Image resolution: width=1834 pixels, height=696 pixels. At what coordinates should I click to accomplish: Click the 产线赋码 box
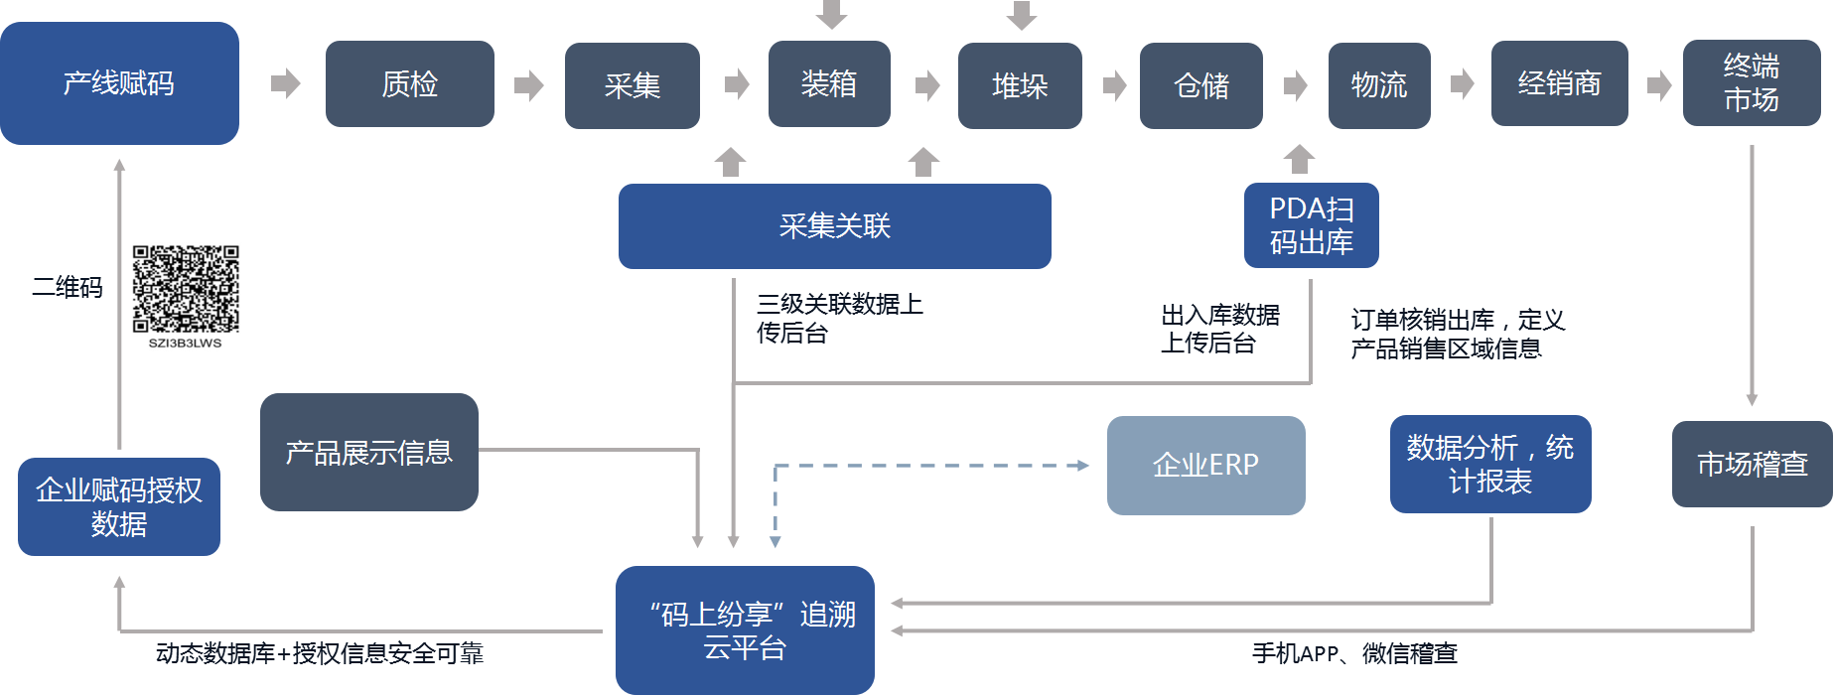tap(119, 83)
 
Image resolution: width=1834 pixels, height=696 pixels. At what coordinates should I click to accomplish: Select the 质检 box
tap(409, 84)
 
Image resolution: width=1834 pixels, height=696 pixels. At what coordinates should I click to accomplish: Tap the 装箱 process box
tap(829, 84)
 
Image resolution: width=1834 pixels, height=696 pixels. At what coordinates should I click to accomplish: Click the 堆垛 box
tap(1020, 85)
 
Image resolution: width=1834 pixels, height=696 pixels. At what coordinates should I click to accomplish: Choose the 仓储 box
tap(1200, 85)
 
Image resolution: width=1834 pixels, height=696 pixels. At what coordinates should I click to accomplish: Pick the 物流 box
tap(1378, 85)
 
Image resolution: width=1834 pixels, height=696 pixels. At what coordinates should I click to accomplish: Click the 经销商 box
tap(1559, 84)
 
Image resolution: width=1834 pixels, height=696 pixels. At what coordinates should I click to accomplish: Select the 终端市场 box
tap(1751, 83)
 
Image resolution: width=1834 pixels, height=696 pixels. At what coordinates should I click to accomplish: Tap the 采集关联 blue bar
tap(834, 226)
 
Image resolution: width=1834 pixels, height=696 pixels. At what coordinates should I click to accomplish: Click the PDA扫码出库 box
tap(1311, 225)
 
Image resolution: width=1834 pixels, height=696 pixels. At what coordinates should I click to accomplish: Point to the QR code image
tap(186, 289)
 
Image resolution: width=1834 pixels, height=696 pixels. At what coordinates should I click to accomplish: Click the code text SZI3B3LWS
tap(186, 344)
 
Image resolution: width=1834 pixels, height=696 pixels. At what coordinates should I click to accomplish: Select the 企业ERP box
tap(1205, 465)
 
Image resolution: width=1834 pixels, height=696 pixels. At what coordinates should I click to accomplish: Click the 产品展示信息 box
tap(368, 453)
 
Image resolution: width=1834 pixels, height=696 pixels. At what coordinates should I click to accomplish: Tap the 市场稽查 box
tap(1752, 464)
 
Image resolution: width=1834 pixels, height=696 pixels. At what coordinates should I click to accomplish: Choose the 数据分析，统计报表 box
tap(1489, 464)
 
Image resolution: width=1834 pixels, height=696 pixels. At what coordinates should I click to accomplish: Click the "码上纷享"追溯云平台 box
tap(745, 630)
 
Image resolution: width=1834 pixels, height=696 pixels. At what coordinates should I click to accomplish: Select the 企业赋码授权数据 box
tap(119, 506)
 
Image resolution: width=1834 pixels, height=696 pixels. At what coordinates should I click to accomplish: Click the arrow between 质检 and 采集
tap(528, 85)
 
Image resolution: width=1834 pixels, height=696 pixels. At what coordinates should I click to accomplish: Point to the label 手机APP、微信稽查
tap(1354, 653)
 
